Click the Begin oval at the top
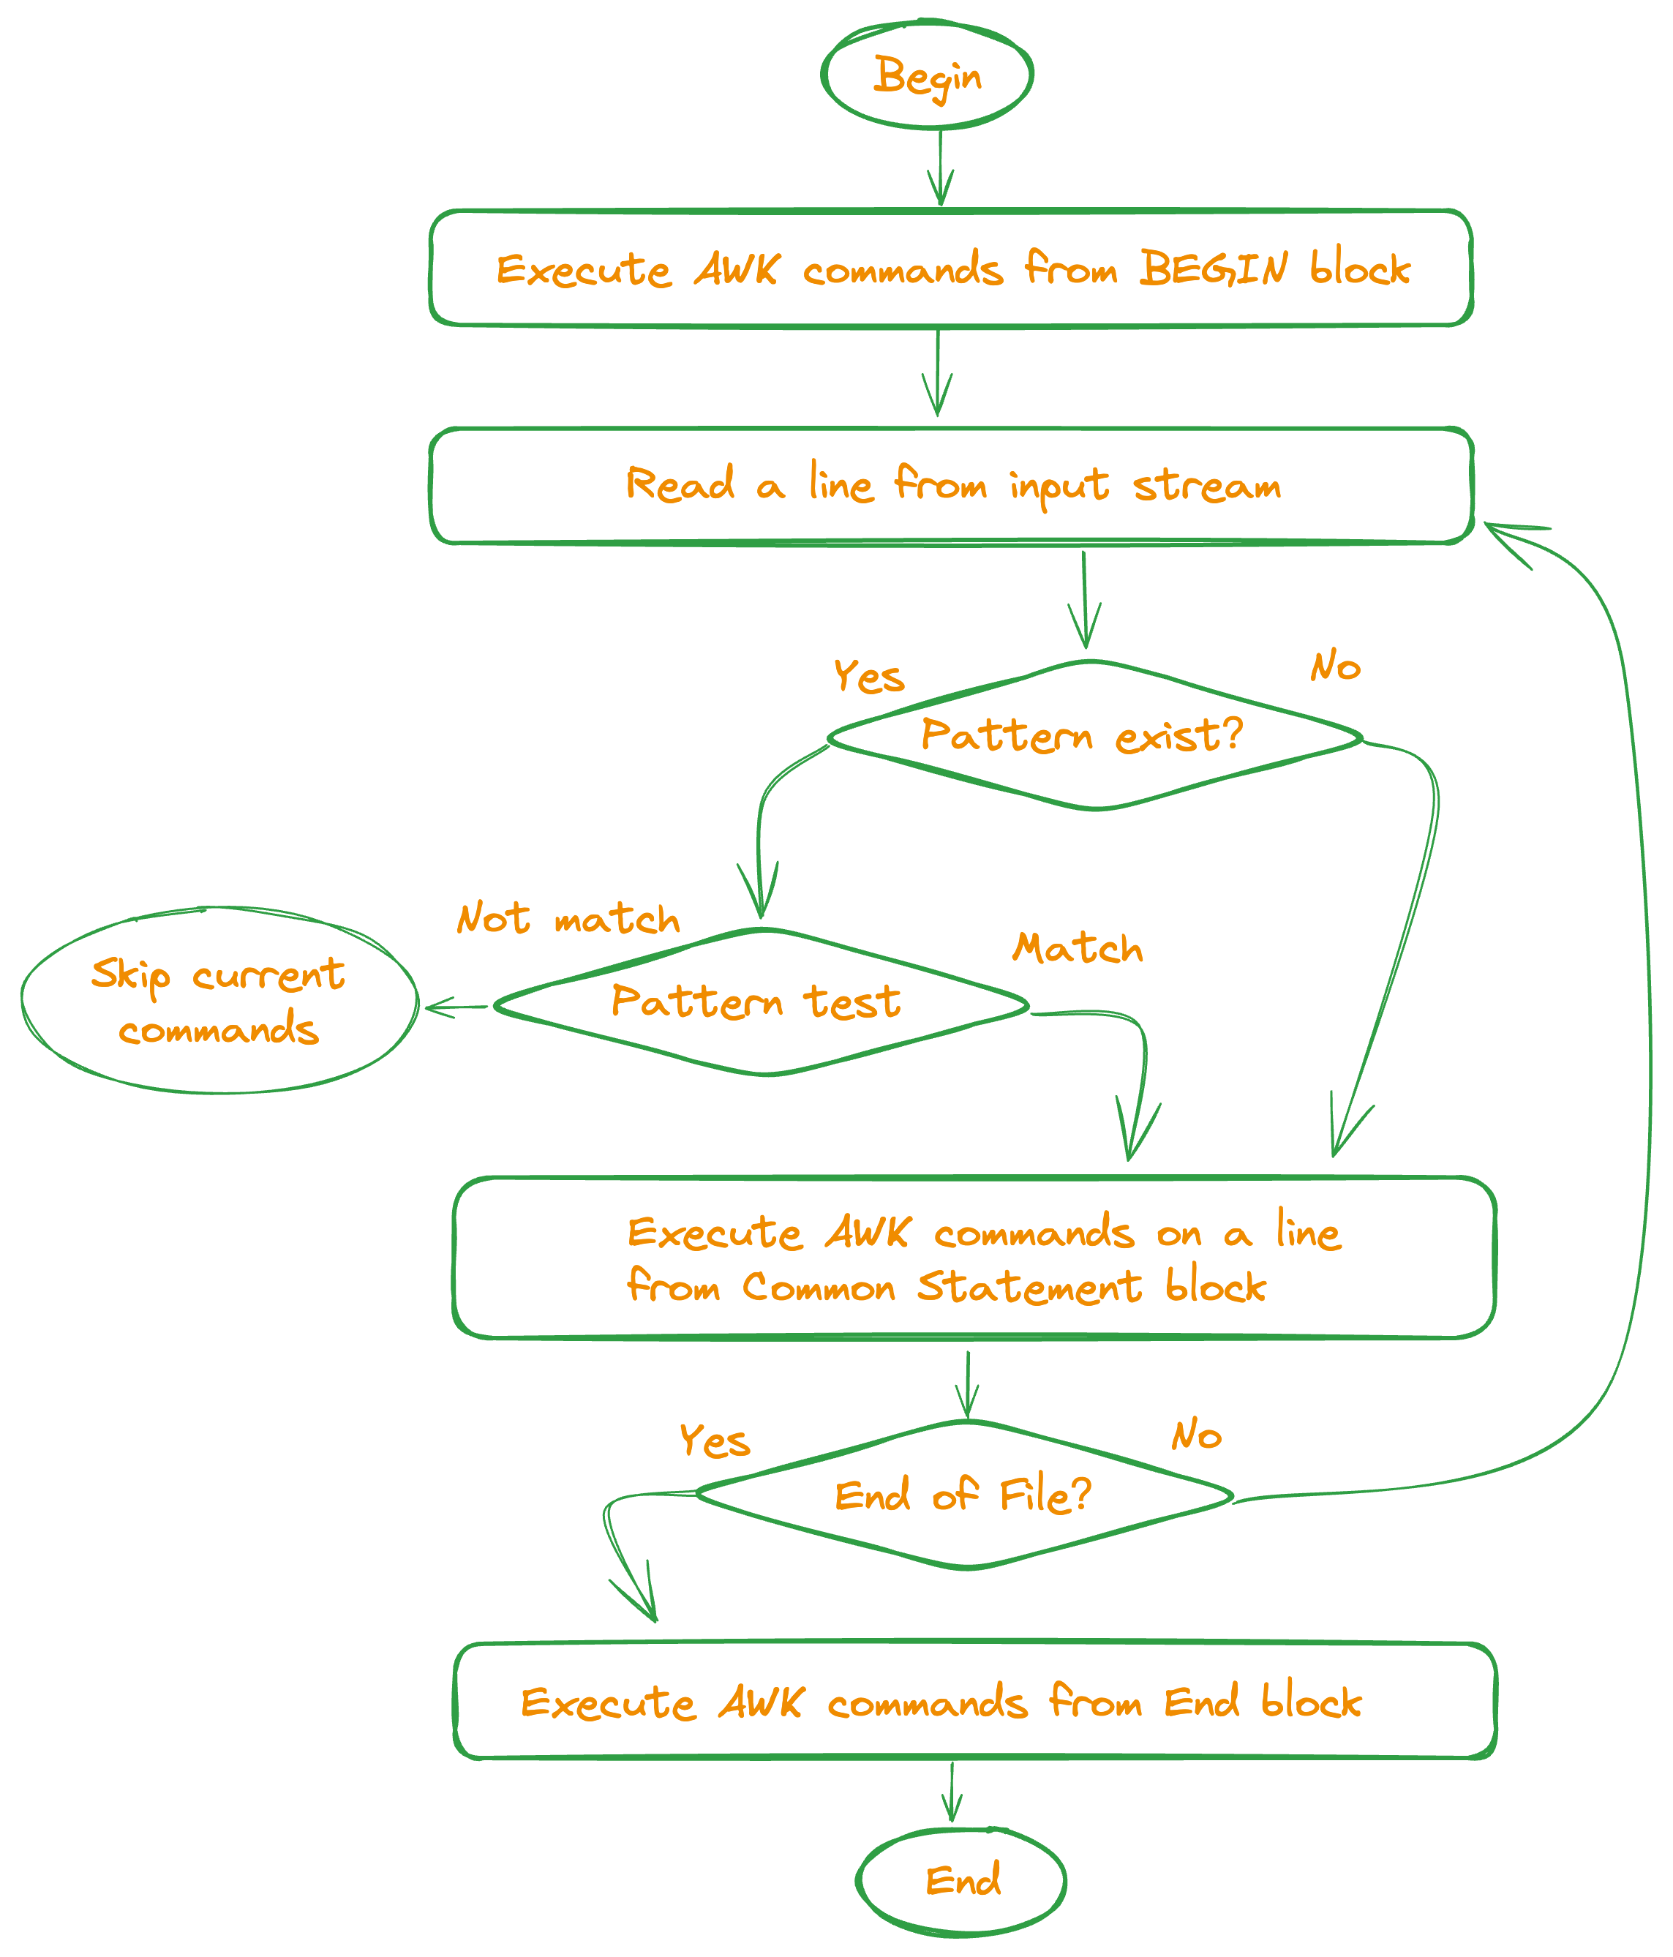point(927,75)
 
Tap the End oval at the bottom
point(962,1879)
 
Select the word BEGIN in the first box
point(1213,269)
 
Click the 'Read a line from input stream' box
point(951,486)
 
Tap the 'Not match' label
point(568,919)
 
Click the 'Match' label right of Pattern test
point(1077,948)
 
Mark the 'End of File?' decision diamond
point(964,1495)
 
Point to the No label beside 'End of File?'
point(1196,1435)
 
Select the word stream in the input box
point(1206,486)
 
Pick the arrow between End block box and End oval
point(952,1792)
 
